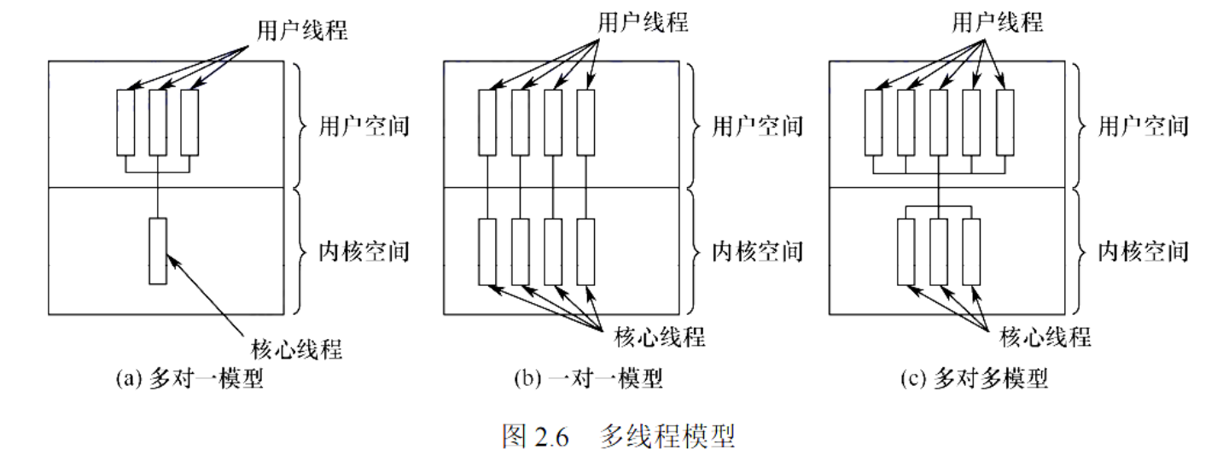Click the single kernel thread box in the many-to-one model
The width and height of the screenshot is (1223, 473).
pos(158,251)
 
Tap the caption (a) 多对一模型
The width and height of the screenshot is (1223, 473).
pos(189,378)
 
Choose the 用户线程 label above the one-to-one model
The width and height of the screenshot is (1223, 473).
pos(643,22)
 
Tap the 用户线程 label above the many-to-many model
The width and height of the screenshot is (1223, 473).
pos(998,22)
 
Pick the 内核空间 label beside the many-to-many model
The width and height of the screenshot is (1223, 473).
pos(1144,251)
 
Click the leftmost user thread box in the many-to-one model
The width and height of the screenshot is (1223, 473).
pos(125,122)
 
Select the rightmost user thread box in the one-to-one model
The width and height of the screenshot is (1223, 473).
pos(585,122)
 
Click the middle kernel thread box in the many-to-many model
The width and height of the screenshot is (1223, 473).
pos(939,251)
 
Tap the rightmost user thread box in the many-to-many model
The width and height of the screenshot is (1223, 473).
pos(1005,122)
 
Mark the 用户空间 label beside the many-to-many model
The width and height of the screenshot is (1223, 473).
pos(1144,127)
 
